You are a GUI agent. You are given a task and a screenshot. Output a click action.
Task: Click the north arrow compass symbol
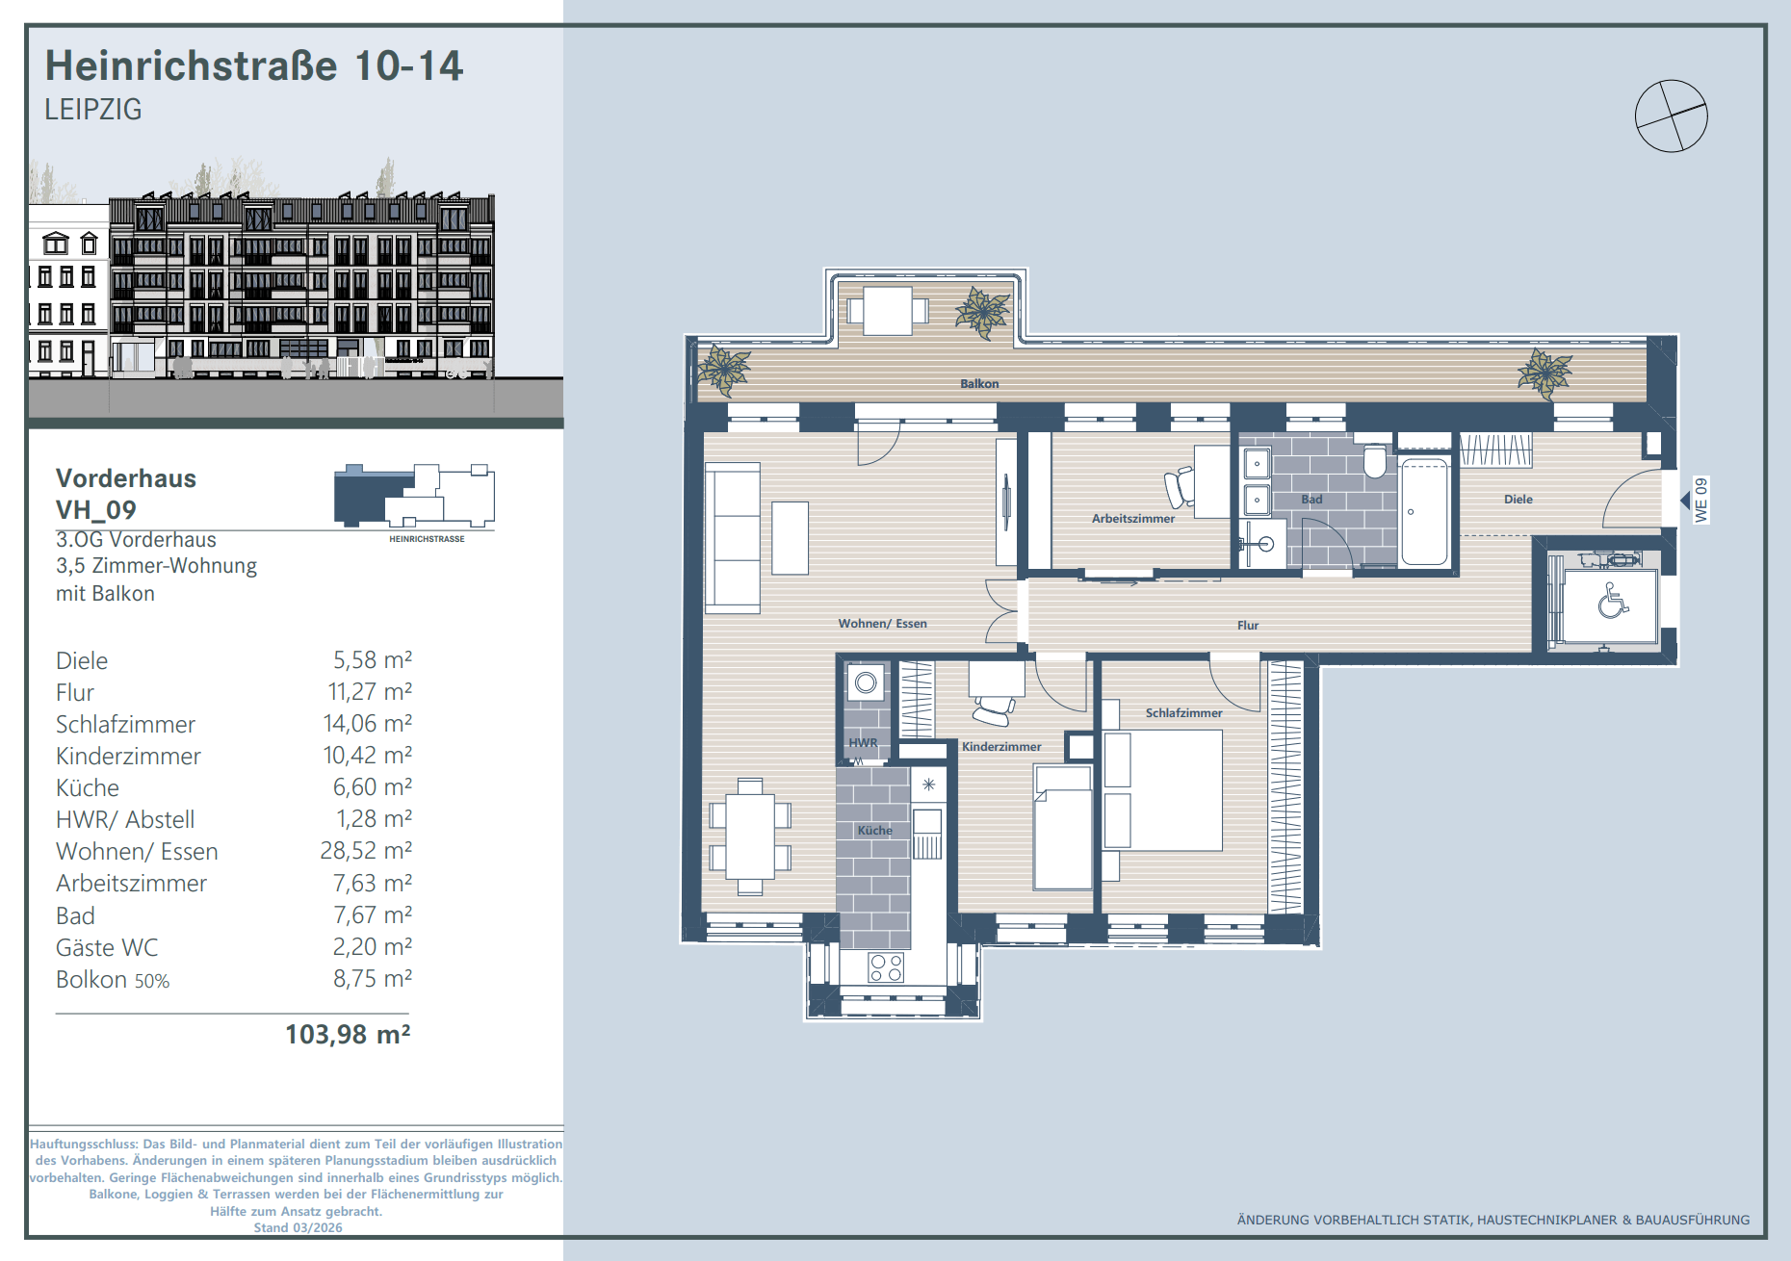[x=1672, y=116]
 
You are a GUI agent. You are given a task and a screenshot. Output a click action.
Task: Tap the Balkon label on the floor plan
[x=979, y=384]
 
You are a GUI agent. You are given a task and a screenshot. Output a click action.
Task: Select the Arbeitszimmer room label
[x=1133, y=519]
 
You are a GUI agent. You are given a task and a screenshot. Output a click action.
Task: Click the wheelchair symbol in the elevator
[x=1613, y=602]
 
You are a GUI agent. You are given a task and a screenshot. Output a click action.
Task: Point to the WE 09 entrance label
[x=1701, y=501]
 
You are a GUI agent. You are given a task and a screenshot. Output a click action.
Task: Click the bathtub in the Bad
[x=1425, y=512]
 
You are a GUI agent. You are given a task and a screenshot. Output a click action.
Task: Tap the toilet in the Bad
[x=1375, y=461]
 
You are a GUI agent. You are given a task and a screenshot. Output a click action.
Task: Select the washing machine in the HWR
[x=866, y=682]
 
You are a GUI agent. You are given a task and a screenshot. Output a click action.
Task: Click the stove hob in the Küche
[x=886, y=967]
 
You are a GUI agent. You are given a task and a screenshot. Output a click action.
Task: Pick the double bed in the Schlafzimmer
[x=1163, y=790]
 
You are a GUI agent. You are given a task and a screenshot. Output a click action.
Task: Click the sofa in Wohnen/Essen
[x=733, y=538]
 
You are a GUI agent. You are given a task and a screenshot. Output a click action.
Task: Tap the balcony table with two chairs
[x=888, y=310]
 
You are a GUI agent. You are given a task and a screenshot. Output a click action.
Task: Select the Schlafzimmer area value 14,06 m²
[x=368, y=724]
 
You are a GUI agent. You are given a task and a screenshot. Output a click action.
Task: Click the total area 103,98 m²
[x=349, y=1035]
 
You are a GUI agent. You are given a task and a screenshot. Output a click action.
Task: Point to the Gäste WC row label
[x=107, y=948]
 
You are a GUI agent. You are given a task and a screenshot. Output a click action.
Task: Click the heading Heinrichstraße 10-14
[x=254, y=65]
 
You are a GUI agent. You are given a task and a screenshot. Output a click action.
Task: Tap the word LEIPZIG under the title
[x=93, y=110]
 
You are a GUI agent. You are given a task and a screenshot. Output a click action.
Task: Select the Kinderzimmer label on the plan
[x=1001, y=747]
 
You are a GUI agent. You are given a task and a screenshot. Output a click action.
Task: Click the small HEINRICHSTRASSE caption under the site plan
[x=427, y=539]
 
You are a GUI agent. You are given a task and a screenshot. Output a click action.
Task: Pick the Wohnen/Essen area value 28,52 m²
[x=366, y=851]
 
